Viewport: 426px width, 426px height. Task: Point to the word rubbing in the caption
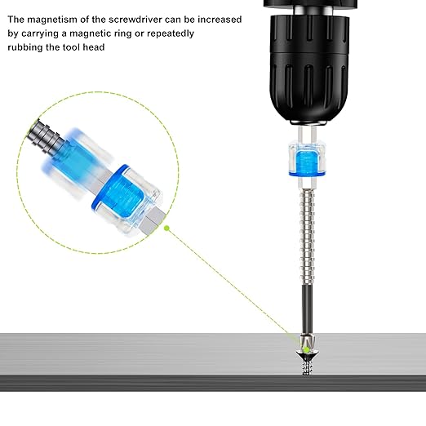coord(29,47)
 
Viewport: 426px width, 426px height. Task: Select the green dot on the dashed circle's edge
coord(166,229)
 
